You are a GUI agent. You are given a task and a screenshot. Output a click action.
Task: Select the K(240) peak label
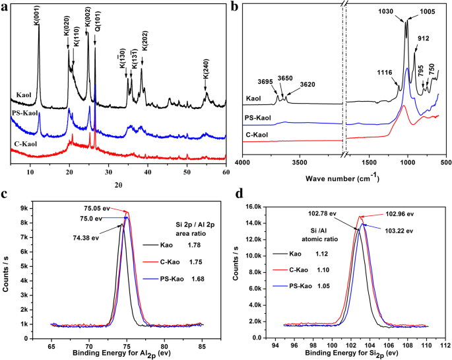point(206,76)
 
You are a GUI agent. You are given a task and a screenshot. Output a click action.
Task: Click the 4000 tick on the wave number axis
point(243,162)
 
